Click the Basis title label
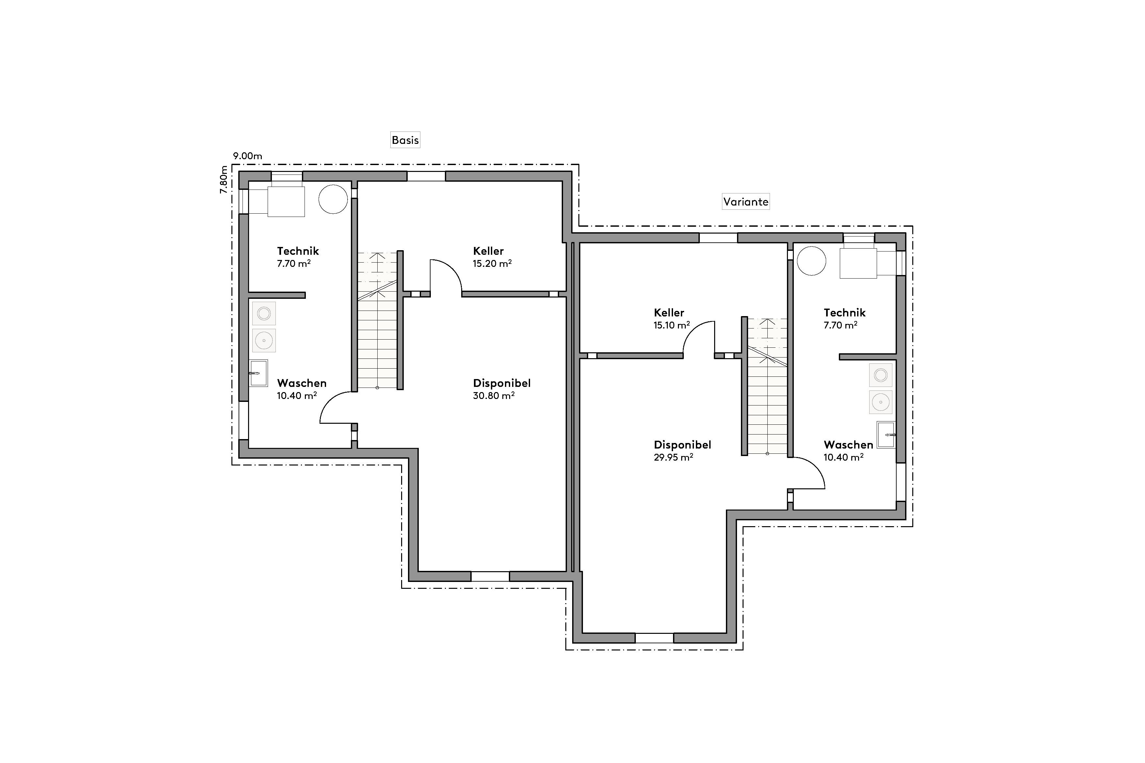coord(405,140)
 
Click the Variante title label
coord(745,202)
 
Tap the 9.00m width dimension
coord(247,156)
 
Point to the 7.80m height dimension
coord(224,179)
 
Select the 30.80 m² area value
coord(494,396)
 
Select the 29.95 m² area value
coord(673,457)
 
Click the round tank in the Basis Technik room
coord(333,199)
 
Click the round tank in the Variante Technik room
coord(811,261)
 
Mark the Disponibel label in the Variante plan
coord(682,445)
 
